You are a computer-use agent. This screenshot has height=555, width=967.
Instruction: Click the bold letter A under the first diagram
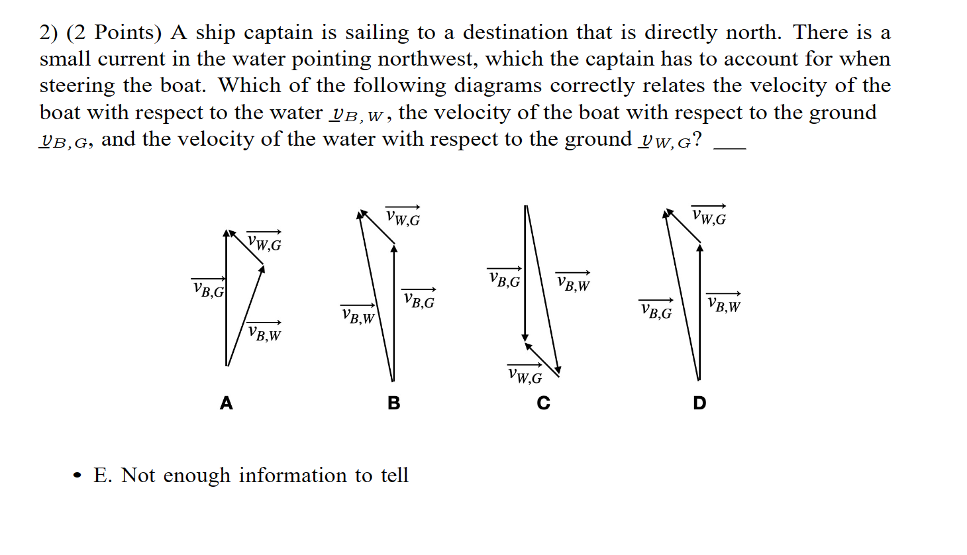click(227, 403)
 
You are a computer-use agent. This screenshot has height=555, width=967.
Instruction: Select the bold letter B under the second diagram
click(394, 403)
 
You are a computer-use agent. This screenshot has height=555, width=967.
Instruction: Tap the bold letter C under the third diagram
click(544, 403)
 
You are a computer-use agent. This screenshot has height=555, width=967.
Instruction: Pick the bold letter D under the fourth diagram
click(699, 403)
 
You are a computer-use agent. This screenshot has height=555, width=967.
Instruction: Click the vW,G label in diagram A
click(264, 242)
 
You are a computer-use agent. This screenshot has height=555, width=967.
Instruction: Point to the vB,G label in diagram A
click(209, 289)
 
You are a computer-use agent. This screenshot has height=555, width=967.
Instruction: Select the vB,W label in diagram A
click(264, 332)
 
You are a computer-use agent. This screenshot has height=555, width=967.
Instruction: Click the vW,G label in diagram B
click(403, 217)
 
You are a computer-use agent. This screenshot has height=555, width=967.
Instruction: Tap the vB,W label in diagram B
click(358, 317)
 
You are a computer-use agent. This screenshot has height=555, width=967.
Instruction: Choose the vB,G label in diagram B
click(419, 300)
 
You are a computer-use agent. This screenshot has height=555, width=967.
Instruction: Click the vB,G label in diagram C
click(505, 279)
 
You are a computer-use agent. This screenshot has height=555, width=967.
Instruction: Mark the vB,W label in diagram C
click(573, 283)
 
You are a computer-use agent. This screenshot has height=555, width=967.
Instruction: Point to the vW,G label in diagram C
click(525, 376)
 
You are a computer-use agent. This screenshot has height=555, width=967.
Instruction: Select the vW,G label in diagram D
click(709, 216)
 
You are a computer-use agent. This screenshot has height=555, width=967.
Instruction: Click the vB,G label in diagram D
click(656, 311)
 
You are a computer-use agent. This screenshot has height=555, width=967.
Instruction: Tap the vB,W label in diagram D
click(724, 303)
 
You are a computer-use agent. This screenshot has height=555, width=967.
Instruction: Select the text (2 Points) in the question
click(114, 32)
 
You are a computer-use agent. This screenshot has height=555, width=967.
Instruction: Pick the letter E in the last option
click(101, 476)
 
